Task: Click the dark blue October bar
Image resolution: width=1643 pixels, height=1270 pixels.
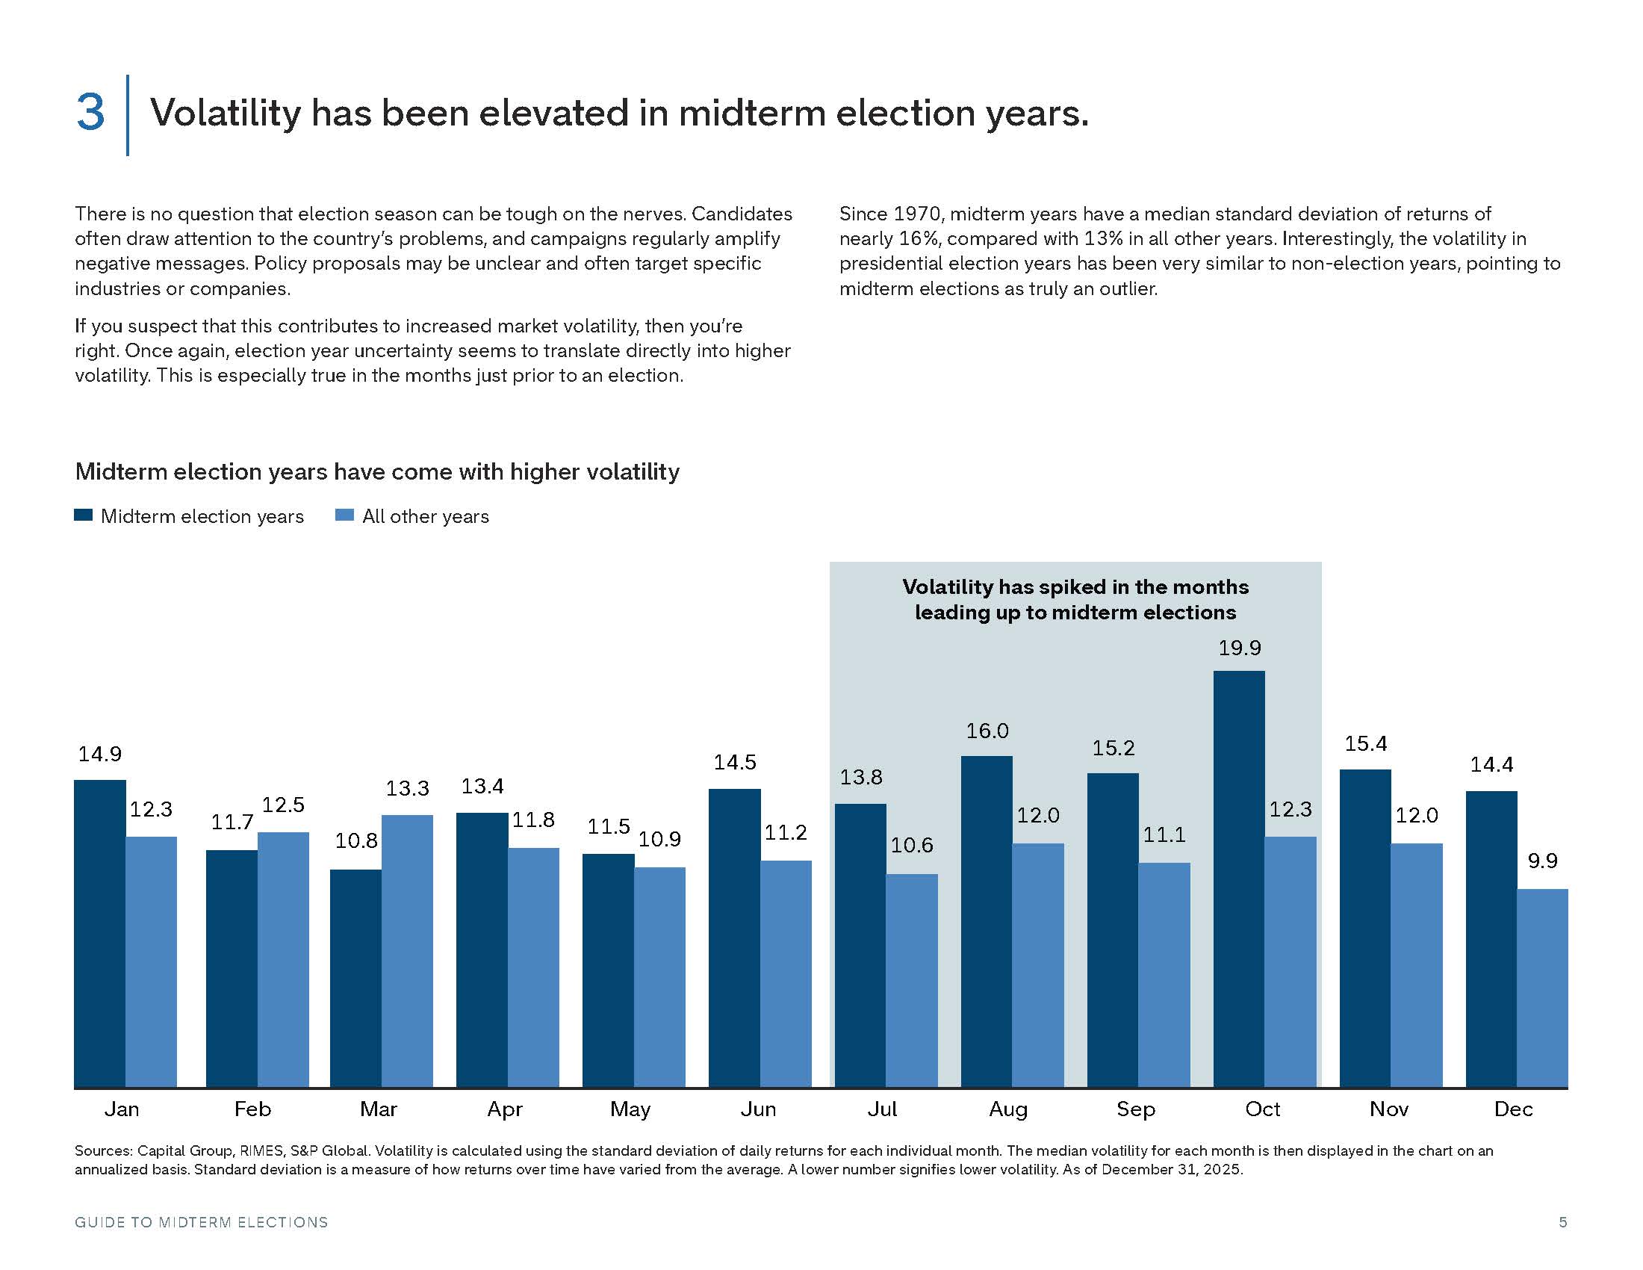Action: click(x=1239, y=879)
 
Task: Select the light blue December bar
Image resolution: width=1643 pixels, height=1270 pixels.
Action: click(x=1542, y=988)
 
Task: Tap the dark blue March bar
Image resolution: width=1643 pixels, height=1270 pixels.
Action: click(x=355, y=978)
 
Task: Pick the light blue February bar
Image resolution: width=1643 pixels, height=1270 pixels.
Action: click(x=284, y=959)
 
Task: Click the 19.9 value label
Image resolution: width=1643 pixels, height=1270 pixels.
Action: click(x=1240, y=648)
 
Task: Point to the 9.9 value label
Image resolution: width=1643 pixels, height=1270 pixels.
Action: click(x=1542, y=861)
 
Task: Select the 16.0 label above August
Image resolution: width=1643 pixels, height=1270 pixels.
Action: click(x=987, y=731)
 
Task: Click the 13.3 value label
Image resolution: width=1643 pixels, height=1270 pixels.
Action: click(x=408, y=788)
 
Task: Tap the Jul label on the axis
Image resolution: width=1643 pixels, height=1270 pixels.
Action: click(x=883, y=1109)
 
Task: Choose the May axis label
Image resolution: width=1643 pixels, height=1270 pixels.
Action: click(x=630, y=1109)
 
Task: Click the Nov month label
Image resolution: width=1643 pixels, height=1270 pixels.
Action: click(x=1389, y=1109)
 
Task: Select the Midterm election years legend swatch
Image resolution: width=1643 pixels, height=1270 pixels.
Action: click(x=84, y=515)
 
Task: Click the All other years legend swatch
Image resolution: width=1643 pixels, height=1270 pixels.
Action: click(x=344, y=515)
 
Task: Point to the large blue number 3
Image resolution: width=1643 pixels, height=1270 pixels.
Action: click(x=90, y=113)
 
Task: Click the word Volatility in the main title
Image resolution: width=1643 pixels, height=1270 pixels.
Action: click(x=226, y=114)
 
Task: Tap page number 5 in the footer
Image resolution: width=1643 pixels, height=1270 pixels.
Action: click(x=1563, y=1222)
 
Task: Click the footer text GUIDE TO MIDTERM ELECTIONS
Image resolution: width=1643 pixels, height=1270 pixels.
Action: click(x=202, y=1222)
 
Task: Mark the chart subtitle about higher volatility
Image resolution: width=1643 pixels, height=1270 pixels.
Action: click(x=377, y=471)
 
